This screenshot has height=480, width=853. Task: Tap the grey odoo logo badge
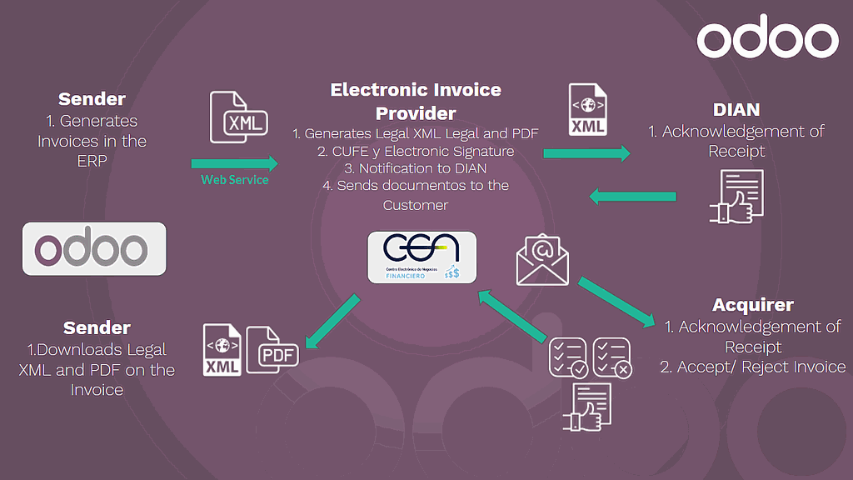[94, 249]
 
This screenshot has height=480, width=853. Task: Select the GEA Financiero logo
[422, 256]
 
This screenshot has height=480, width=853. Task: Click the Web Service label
[235, 180]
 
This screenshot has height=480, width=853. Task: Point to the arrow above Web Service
[234, 163]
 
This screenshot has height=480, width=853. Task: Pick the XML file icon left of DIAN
[587, 110]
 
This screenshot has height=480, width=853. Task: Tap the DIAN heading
[736, 110]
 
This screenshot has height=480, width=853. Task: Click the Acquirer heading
[752, 305]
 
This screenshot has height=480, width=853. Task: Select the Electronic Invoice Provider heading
[416, 101]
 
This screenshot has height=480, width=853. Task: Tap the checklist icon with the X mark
[612, 357]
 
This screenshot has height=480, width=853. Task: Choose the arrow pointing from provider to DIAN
[587, 152]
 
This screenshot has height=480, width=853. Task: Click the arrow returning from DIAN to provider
[632, 197]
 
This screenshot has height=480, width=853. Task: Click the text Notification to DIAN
[416, 168]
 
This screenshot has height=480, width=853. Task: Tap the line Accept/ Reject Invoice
[752, 367]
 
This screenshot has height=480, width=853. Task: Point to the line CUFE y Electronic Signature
[416, 151]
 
